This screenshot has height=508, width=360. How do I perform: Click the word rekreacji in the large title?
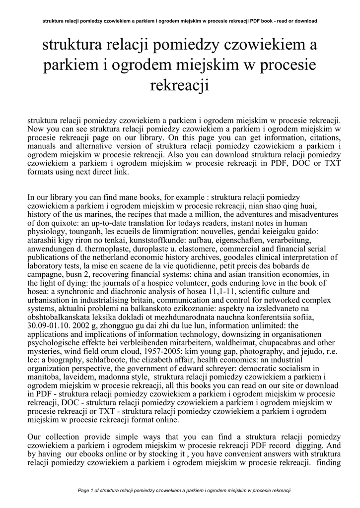pyautogui.click(x=180, y=85)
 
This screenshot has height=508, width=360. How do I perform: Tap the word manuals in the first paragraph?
pyautogui.click(x=42, y=146)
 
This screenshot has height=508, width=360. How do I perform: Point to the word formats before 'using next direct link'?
pyautogui.click(x=41, y=173)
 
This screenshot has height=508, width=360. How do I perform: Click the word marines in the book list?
pyautogui.click(x=99, y=216)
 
